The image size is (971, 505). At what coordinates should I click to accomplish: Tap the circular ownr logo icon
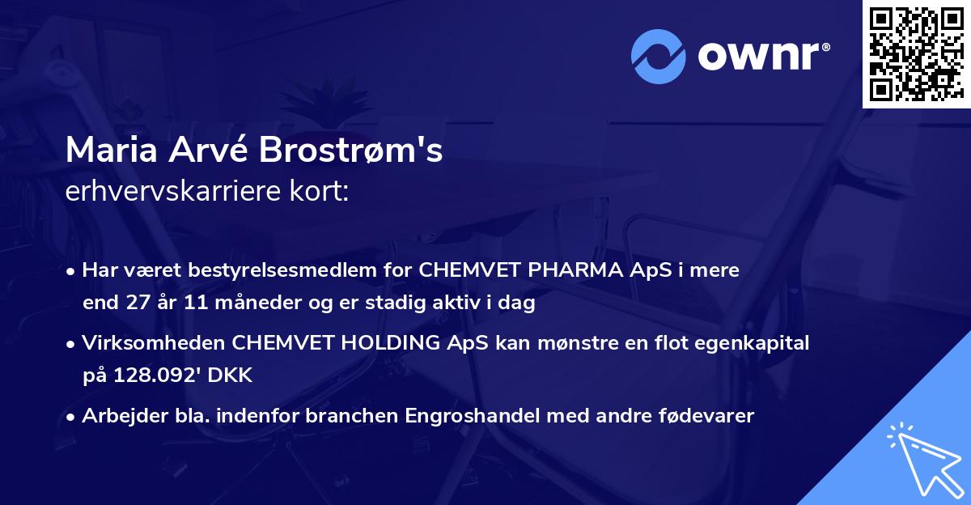658,56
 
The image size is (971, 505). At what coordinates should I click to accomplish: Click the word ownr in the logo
762,56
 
